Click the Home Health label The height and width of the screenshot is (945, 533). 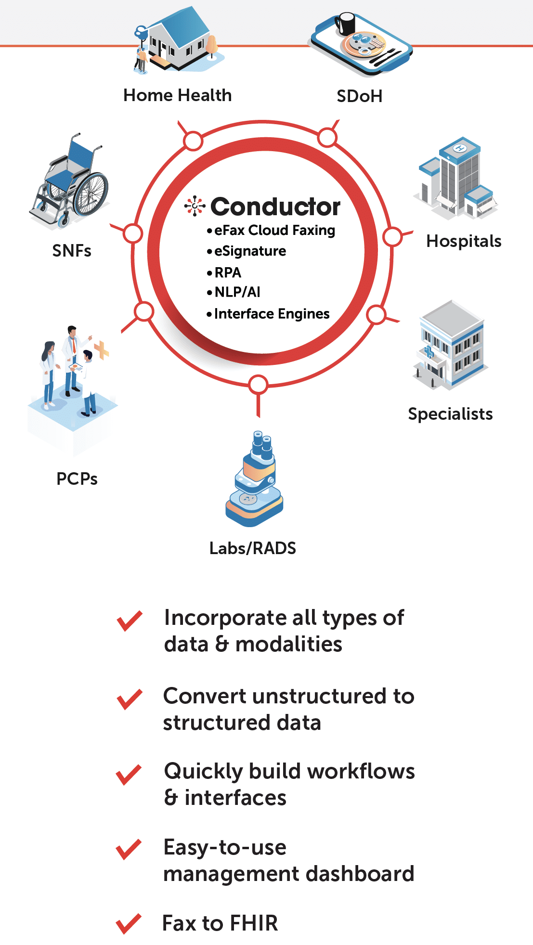click(x=177, y=95)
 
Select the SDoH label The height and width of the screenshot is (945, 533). click(x=359, y=96)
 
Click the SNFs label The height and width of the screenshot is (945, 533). click(x=72, y=251)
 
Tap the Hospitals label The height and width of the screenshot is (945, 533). click(x=464, y=241)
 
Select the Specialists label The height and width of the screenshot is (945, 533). click(x=450, y=414)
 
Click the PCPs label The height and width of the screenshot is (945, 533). click(x=77, y=479)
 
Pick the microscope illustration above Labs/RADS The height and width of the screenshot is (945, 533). click(x=254, y=479)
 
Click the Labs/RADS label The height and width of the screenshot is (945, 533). click(x=253, y=548)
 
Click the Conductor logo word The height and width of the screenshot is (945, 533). click(x=275, y=207)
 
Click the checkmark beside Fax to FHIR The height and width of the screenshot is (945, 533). click(x=129, y=924)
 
